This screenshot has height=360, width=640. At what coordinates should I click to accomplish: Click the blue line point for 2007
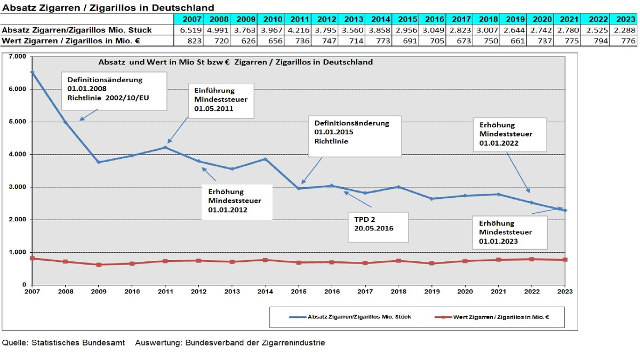point(33,72)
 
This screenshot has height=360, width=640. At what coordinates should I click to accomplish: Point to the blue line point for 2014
point(265,159)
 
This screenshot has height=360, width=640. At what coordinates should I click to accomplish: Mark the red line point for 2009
point(99,265)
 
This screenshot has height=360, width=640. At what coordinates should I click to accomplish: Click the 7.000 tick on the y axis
point(17,57)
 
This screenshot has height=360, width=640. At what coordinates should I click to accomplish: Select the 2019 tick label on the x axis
point(431,292)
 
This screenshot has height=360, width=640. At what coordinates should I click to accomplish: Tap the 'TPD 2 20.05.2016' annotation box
point(378,226)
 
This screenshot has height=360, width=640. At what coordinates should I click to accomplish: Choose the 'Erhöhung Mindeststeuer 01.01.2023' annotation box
point(510,232)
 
